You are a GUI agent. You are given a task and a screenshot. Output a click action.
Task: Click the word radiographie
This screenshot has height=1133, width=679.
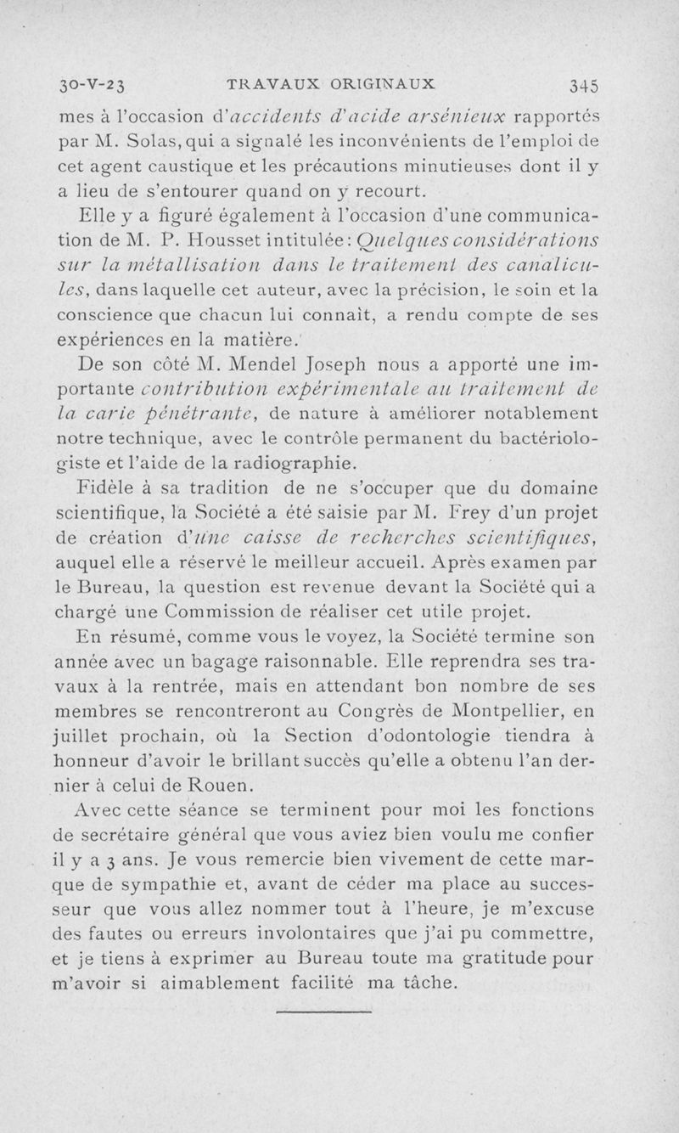coord(292,463)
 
